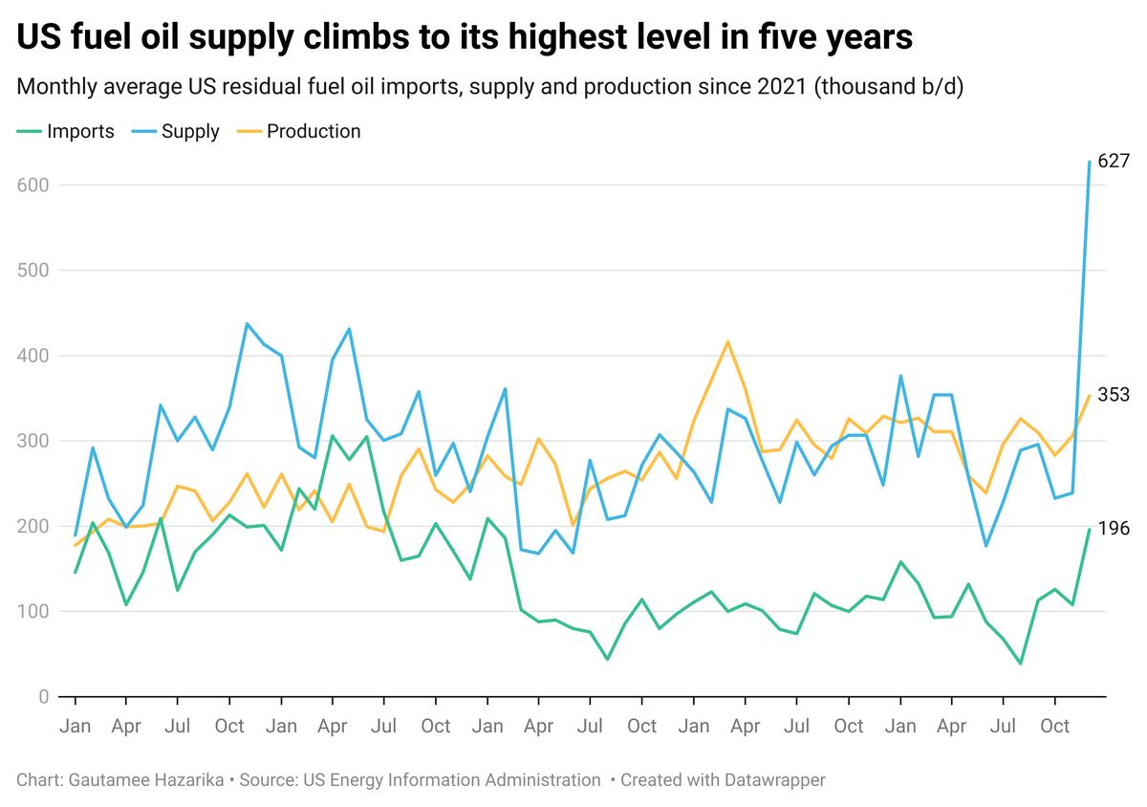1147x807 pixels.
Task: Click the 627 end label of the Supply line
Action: [x=1114, y=161]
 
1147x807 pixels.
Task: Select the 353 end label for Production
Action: [x=1114, y=395]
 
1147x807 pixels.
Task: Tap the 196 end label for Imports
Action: [x=1114, y=529]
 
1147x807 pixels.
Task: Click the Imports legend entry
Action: [x=80, y=132]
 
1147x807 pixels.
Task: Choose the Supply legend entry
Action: [x=190, y=132]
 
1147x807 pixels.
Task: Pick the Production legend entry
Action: [x=314, y=132]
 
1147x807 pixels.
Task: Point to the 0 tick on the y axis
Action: [x=43, y=697]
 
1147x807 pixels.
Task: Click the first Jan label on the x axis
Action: [x=75, y=726]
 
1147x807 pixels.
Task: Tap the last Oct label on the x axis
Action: [x=1054, y=726]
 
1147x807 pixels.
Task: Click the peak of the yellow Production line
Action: [x=728, y=341]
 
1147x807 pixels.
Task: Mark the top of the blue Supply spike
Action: [x=1089, y=162]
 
